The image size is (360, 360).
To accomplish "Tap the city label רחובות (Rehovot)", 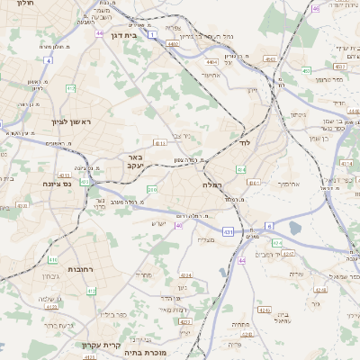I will click(x=86, y=269).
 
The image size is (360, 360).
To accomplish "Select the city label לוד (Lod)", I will click(x=244, y=143).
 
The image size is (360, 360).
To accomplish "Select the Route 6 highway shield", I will click(x=268, y=226).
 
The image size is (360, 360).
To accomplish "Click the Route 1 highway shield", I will click(x=153, y=33).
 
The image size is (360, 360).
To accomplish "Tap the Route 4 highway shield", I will click(x=47, y=60).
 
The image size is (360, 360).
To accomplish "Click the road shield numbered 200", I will click(x=151, y=190).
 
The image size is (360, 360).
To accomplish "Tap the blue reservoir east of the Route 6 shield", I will click(x=296, y=230).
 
